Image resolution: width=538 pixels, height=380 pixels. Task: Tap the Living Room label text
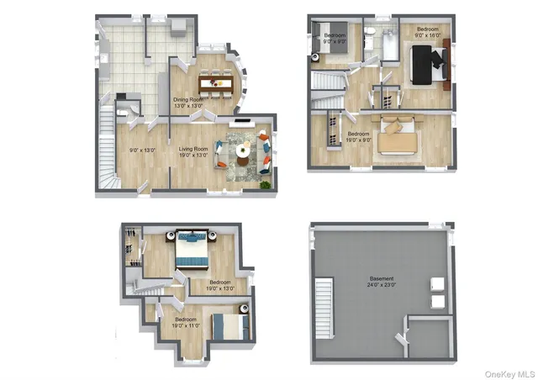193,149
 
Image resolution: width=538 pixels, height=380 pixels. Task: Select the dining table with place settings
215,84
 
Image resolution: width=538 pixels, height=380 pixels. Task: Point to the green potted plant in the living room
266,182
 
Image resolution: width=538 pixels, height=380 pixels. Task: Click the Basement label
382,278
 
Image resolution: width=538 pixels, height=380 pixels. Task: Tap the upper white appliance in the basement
438,283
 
